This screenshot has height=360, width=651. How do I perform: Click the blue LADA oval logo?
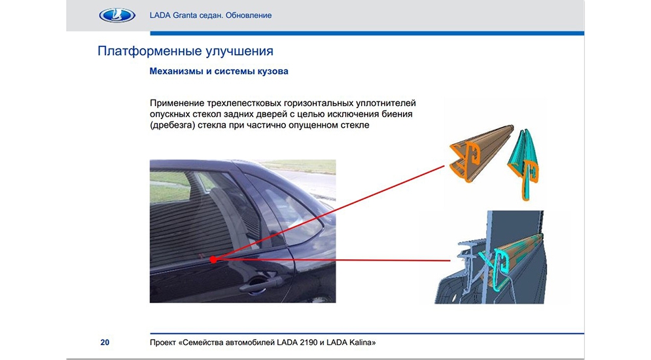(x=117, y=16)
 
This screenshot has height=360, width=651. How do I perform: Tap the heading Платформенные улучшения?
(x=186, y=51)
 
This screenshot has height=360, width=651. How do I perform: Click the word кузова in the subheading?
(x=273, y=71)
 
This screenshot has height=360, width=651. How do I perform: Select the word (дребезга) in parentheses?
(x=172, y=125)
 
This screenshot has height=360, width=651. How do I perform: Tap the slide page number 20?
(x=105, y=342)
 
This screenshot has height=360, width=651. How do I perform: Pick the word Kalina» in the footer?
(x=362, y=342)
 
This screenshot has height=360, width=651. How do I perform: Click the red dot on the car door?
(x=213, y=259)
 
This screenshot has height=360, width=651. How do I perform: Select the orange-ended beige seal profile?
(x=482, y=154)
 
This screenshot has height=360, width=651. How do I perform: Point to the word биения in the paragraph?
(x=398, y=114)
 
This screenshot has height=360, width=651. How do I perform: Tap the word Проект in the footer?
(x=163, y=342)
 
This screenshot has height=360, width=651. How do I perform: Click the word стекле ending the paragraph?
(x=355, y=125)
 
